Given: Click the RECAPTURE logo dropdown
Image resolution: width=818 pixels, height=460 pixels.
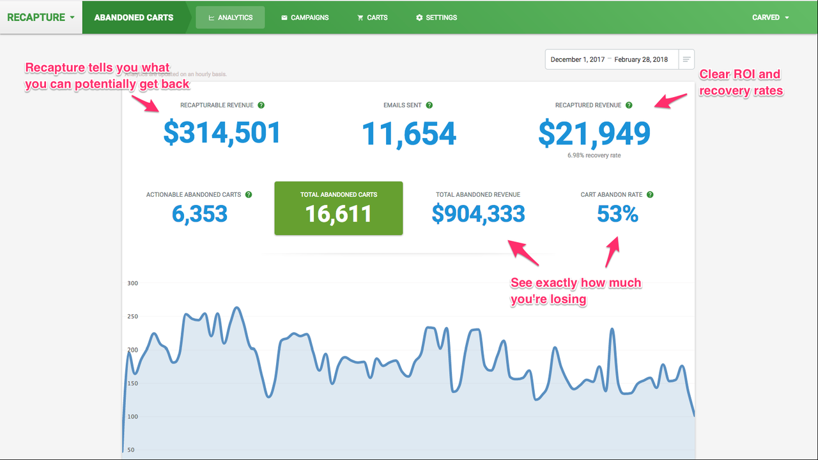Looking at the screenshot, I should click(41, 17).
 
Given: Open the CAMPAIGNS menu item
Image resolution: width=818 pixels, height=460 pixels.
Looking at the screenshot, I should click(305, 17).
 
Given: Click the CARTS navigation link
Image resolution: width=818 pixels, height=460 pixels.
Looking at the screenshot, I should click(372, 17).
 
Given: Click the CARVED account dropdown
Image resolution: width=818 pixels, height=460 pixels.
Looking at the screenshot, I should click(770, 17).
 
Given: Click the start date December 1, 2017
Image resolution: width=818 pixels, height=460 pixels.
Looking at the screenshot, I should click(577, 59).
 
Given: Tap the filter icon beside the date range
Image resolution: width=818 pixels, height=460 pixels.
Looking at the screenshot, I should click(686, 59).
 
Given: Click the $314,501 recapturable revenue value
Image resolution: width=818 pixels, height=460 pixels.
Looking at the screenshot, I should click(222, 132).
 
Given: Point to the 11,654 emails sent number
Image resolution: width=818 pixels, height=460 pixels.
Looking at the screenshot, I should click(409, 134).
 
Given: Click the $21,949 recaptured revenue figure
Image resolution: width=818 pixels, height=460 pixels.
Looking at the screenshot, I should click(594, 134).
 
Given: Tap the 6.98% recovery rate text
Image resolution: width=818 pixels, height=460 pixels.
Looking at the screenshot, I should click(594, 155).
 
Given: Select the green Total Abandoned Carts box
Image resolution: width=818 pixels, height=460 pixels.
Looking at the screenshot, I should click(339, 208).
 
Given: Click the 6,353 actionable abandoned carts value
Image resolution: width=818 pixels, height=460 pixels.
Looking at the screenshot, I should click(199, 214).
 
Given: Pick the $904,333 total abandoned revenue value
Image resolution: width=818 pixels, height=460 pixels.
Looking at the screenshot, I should click(478, 214).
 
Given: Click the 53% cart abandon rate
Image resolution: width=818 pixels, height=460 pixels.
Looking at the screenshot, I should click(617, 214).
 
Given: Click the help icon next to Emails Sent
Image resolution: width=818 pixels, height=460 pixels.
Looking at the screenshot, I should click(429, 105).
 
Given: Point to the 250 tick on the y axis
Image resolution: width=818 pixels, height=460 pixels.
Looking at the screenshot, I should click(133, 316).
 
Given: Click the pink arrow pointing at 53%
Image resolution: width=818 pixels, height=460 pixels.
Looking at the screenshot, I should click(612, 252).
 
